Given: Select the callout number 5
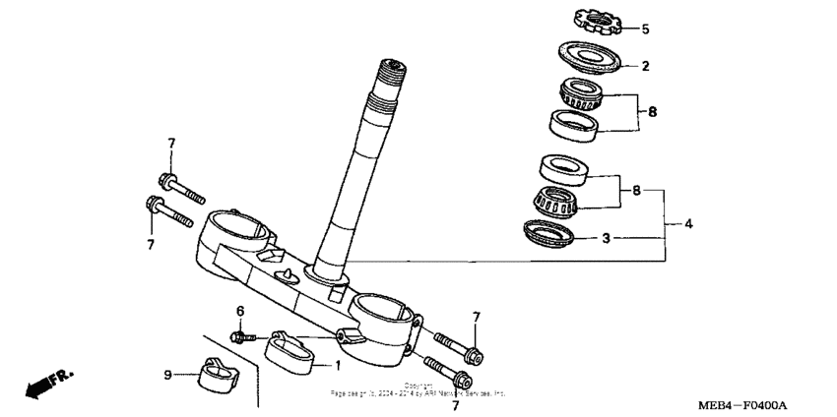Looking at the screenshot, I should (646, 30).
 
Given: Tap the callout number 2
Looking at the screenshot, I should (646, 67).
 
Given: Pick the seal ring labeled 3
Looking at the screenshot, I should (550, 233).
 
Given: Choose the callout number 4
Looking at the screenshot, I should (688, 224).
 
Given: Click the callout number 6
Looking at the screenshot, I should (238, 312).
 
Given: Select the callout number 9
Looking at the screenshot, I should (167, 374).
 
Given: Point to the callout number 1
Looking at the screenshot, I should (338, 365).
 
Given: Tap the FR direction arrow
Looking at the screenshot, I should (49, 383).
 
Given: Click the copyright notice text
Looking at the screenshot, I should (418, 389).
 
